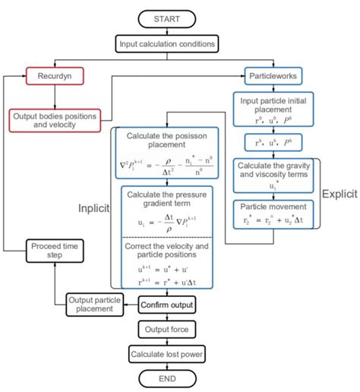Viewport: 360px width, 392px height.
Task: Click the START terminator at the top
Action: pyautogui.click(x=168, y=19)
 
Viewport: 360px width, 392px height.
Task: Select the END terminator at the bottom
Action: pyautogui.click(x=168, y=378)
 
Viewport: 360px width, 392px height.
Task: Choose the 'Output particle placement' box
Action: pyautogui.click(x=95, y=304)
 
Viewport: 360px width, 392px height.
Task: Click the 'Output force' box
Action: pyautogui.click(x=168, y=330)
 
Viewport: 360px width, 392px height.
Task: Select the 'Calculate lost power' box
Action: pyautogui.click(x=168, y=353)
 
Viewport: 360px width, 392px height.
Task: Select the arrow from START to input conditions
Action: pyautogui.click(x=168, y=30)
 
